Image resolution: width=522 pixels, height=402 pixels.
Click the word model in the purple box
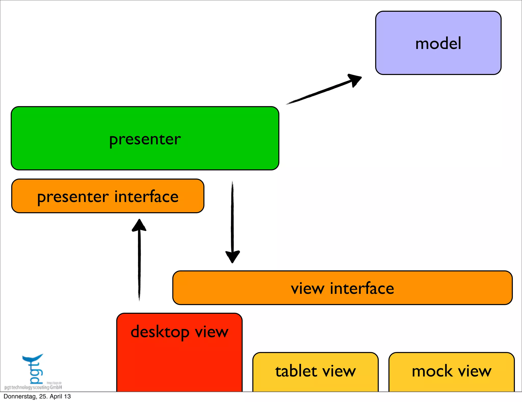click(x=438, y=43)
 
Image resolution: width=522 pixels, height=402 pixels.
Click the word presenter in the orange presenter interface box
click(x=73, y=197)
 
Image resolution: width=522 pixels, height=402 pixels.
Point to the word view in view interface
click(x=308, y=288)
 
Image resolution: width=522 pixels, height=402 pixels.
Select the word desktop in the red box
click(x=160, y=332)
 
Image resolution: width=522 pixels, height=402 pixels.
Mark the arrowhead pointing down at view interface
click(x=232, y=256)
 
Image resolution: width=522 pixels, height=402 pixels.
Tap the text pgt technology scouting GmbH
click(x=33, y=387)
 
